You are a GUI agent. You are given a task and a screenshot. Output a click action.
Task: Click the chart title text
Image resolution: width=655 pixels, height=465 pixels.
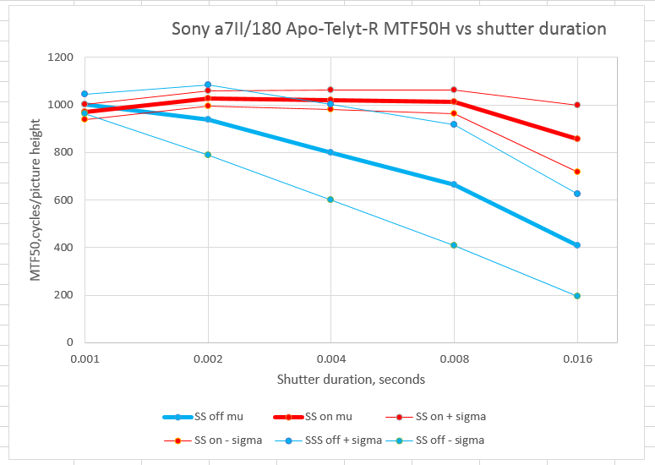click(x=389, y=29)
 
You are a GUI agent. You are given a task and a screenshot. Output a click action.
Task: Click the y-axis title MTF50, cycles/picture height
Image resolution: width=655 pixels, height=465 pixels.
click(x=37, y=200)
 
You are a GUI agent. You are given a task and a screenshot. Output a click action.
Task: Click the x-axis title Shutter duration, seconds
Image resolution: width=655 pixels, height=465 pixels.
click(x=351, y=379)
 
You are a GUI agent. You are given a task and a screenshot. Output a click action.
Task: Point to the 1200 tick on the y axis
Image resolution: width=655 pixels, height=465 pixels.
click(x=61, y=57)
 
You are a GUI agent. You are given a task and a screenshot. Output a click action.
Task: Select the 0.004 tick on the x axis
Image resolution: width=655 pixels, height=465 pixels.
click(x=330, y=358)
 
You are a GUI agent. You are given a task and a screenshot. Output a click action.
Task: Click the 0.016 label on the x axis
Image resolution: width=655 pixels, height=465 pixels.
click(x=576, y=358)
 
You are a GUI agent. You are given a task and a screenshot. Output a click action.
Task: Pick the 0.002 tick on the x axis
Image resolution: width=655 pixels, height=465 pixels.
click(x=207, y=358)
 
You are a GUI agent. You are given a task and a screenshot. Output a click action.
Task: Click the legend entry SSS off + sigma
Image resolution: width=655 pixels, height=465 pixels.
click(x=347, y=440)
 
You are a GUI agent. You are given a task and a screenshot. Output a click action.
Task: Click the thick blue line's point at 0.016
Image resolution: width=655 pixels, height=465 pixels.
click(x=577, y=245)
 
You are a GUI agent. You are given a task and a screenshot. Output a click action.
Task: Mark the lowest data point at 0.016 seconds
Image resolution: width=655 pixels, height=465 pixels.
click(x=577, y=296)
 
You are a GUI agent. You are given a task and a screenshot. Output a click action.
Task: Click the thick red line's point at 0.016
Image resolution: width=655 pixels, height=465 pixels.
click(x=577, y=139)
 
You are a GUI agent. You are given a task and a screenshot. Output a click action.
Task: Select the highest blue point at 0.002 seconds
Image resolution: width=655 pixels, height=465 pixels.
click(x=208, y=85)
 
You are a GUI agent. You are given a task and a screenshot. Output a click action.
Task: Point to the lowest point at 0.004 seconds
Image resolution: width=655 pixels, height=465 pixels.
click(x=331, y=200)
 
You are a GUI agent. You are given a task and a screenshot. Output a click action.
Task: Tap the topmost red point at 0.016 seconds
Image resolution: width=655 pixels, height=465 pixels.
click(x=577, y=105)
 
